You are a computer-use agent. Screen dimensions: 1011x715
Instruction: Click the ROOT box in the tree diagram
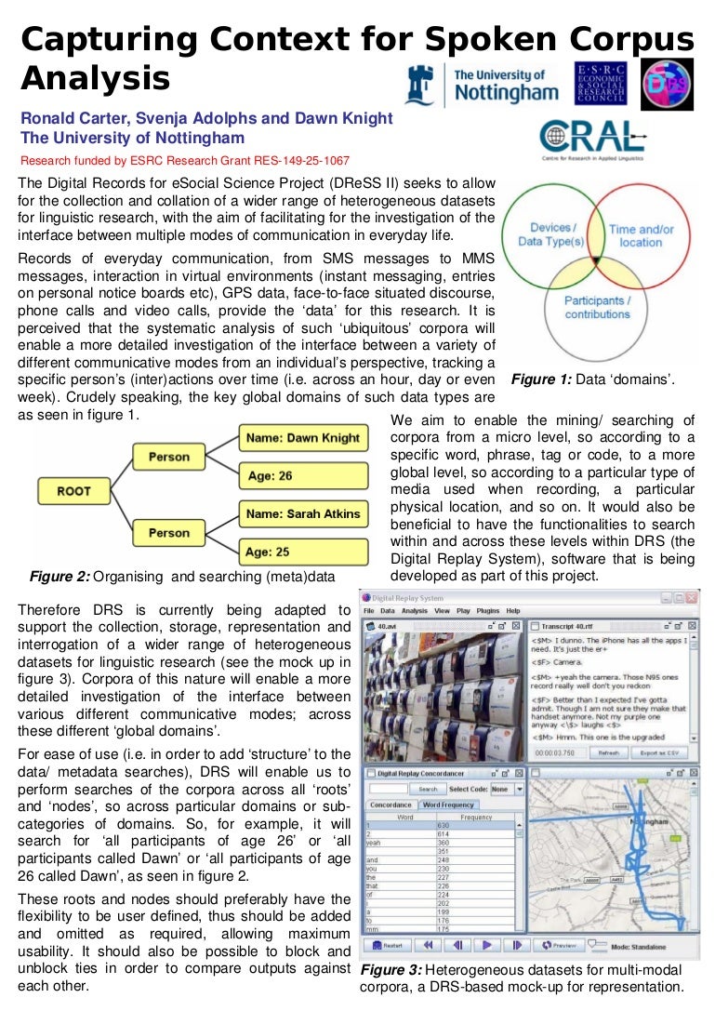click(x=73, y=491)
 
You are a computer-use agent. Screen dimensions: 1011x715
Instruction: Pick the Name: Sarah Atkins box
click(x=303, y=513)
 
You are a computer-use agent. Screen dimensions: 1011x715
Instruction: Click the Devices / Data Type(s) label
click(x=552, y=234)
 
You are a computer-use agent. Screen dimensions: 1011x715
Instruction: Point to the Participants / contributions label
click(x=598, y=307)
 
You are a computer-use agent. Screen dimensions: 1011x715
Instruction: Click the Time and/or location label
click(x=642, y=235)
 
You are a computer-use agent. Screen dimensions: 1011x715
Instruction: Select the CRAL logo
click(x=591, y=138)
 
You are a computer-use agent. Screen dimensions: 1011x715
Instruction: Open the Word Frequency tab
click(x=448, y=805)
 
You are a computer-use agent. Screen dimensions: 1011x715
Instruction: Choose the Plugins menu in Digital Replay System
click(x=488, y=611)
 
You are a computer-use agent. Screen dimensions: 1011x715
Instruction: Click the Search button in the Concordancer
click(x=428, y=789)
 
